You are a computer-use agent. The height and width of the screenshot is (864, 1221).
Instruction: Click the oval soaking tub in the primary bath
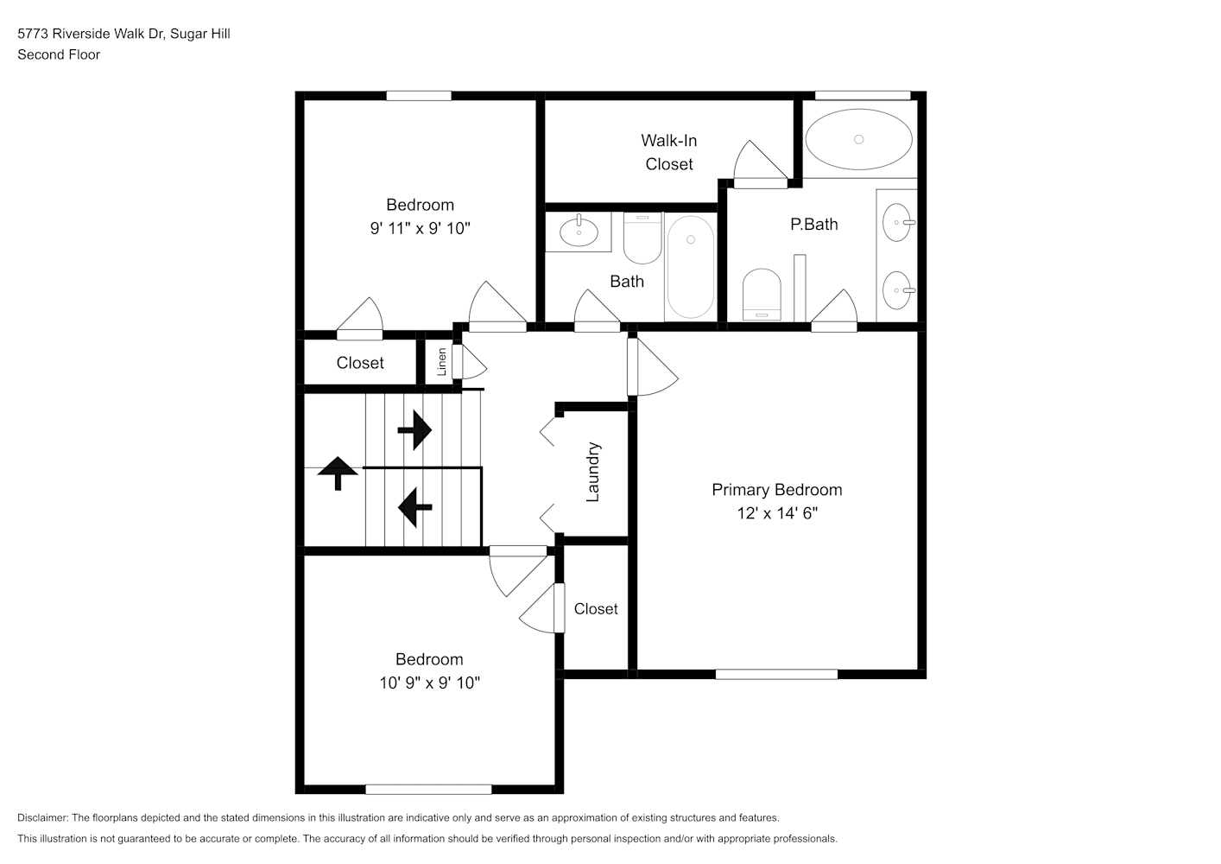(858, 139)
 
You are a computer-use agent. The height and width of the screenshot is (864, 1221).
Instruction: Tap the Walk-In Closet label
(669, 152)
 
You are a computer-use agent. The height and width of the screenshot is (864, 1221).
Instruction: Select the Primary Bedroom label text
(777, 490)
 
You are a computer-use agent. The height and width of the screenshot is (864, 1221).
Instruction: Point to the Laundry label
(593, 472)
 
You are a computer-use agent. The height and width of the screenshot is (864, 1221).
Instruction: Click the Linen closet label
(442, 362)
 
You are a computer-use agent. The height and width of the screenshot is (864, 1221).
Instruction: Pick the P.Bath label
(813, 224)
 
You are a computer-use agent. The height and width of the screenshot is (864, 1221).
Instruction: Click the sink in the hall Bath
(579, 231)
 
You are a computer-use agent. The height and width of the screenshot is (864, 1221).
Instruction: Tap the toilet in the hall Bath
(642, 238)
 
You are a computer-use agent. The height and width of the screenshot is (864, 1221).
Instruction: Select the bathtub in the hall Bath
(691, 267)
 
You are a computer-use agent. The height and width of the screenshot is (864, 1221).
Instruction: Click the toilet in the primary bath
(762, 295)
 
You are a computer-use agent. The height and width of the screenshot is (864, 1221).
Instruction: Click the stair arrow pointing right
(414, 430)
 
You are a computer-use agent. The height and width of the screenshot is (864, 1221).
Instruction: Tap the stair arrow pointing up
(338, 473)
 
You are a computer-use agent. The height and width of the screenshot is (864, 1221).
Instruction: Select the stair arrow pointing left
(414, 507)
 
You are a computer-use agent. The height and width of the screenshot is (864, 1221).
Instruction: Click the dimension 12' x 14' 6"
(777, 513)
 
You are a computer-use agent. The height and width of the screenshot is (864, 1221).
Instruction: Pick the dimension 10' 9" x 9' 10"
(429, 683)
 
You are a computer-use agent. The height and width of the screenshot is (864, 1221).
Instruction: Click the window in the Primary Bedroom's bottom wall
(776, 674)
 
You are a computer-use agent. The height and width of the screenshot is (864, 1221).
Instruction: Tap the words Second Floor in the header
(59, 54)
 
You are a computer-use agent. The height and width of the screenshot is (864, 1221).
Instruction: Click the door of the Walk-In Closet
(761, 163)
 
